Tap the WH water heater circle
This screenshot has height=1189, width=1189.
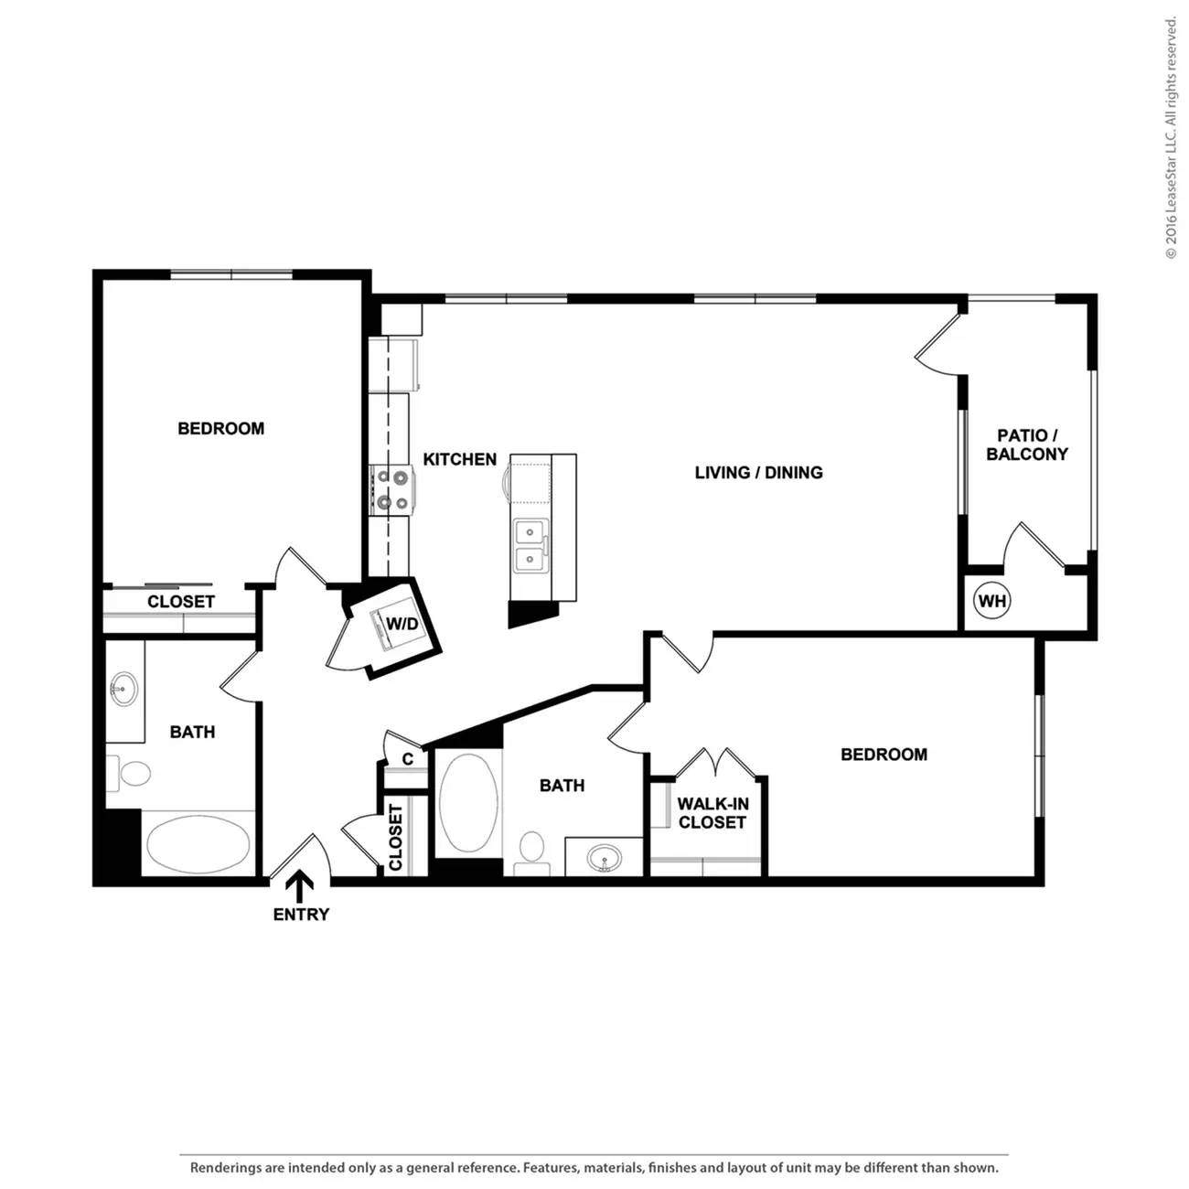(991, 600)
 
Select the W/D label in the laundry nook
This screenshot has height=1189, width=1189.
(402, 623)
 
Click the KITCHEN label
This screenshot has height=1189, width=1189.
(460, 459)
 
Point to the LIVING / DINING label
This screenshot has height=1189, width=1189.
(758, 472)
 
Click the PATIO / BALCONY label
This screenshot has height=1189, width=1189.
(1027, 445)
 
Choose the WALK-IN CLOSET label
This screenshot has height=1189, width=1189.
(712, 812)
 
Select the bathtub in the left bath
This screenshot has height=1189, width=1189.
(198, 843)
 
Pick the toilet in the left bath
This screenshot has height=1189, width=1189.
(129, 773)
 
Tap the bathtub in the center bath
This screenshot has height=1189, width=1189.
(468, 801)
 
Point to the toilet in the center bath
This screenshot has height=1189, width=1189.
(531, 852)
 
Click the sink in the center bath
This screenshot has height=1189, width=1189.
(604, 858)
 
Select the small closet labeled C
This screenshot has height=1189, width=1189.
(407, 758)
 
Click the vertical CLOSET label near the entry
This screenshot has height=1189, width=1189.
(395, 837)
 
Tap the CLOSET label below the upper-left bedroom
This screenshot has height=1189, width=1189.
(181, 601)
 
